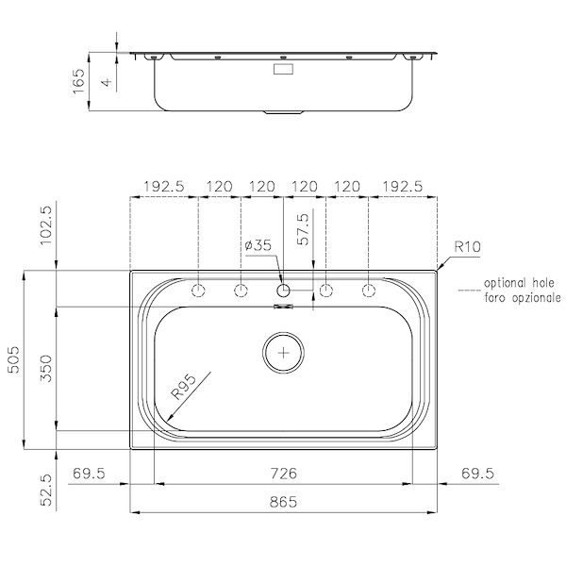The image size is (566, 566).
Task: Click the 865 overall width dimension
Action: click(x=284, y=503)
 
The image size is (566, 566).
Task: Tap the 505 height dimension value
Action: click(x=14, y=359)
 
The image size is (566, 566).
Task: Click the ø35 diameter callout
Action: click(x=258, y=245)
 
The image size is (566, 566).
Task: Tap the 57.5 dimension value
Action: click(x=303, y=230)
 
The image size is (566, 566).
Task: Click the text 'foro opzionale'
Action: click(x=522, y=296)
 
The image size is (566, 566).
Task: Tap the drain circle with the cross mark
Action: click(x=284, y=352)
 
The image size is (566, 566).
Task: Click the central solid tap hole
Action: click(x=284, y=289)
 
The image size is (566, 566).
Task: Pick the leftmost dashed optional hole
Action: click(x=198, y=289)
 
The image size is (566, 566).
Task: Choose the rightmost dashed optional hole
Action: click(x=369, y=289)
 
